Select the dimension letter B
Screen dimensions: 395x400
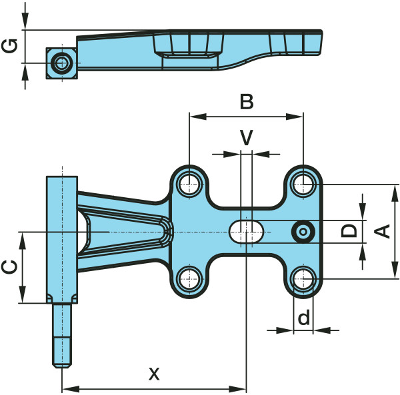(x=247, y=102)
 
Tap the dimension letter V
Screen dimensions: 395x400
(x=247, y=137)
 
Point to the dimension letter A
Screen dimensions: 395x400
(x=382, y=230)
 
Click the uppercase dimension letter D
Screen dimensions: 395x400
(x=348, y=231)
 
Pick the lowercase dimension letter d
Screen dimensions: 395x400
(x=304, y=318)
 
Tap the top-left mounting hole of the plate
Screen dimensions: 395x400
(x=189, y=183)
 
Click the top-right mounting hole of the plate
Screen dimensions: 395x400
(x=303, y=183)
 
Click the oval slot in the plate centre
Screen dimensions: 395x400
(x=247, y=231)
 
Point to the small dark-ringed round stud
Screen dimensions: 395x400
(x=303, y=231)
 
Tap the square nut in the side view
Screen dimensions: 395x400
(x=62, y=63)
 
